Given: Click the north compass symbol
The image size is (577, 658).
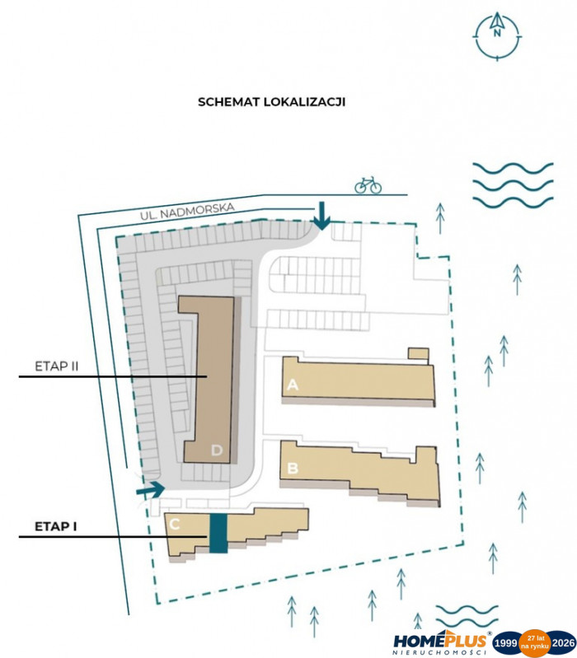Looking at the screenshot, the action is pyautogui.click(x=497, y=35).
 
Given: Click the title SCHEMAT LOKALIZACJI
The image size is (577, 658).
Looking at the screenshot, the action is pyautogui.click(x=271, y=102).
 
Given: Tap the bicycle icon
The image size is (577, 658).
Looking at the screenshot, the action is pyautogui.click(x=368, y=185).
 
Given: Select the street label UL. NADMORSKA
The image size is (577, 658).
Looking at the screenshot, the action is pyautogui.click(x=187, y=211).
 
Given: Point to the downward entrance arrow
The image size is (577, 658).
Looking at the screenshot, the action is pyautogui.click(x=322, y=216).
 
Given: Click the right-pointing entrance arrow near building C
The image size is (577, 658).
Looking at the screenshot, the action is pyautogui.click(x=150, y=489).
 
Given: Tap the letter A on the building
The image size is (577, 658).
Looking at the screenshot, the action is pyautogui.click(x=293, y=385).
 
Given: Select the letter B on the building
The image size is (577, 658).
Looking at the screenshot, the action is pyautogui.click(x=293, y=468).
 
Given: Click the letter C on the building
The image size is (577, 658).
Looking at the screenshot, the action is pyautogui.click(x=175, y=524).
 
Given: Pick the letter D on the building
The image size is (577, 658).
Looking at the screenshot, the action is pyautogui.click(x=217, y=450).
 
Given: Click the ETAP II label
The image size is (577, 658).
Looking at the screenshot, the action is pyautogui.click(x=57, y=366).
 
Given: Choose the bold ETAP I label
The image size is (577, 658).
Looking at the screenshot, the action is pyautogui.click(x=56, y=526).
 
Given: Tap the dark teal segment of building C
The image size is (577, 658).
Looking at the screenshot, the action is pyautogui.click(x=218, y=533).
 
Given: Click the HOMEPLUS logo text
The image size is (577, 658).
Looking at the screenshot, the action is pyautogui.click(x=440, y=642).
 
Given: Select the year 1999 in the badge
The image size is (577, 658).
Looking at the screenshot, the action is pyautogui.click(x=505, y=643).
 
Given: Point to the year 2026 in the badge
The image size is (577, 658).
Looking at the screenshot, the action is pyautogui.click(x=563, y=643).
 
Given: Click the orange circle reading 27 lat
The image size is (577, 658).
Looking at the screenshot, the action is pyautogui.click(x=535, y=643).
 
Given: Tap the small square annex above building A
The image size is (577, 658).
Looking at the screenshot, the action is pyautogui.click(x=419, y=354).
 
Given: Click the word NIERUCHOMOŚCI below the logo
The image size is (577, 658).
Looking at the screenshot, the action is pyautogui.click(x=439, y=653).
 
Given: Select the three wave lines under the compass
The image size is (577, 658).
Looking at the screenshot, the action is pyautogui.click(x=514, y=185).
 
